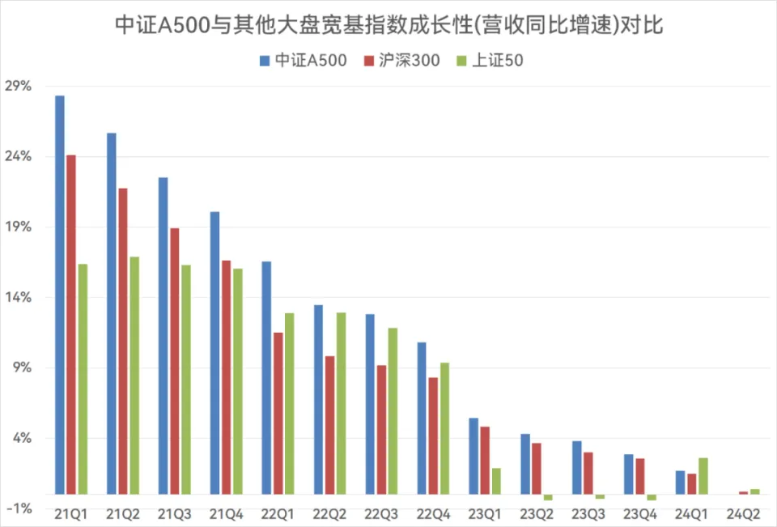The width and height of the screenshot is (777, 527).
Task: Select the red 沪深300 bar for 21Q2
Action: [123, 341]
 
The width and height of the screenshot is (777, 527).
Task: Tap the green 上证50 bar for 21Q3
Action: [186, 379]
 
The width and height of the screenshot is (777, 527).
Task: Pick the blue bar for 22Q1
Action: [266, 377]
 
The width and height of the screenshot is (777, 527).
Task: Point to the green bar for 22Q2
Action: [341, 403]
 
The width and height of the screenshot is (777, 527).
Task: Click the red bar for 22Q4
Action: [433, 436]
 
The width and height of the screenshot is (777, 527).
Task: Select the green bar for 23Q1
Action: [496, 481]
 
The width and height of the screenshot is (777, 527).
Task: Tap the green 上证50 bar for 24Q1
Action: [703, 476]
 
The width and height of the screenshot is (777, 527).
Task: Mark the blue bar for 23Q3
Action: [577, 467]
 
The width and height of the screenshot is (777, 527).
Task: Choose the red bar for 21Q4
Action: [227, 377]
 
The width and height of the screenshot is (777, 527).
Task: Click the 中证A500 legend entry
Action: [303, 61]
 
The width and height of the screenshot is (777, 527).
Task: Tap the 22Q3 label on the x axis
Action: [382, 513]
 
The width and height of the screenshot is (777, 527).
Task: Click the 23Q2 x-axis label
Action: [537, 513]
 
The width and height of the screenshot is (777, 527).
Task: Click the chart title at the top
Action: [388, 26]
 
